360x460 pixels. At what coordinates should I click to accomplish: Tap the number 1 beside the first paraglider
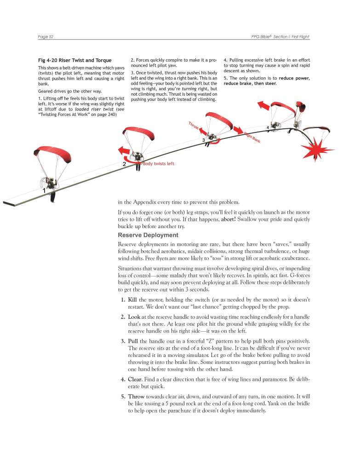click(x=44, y=190)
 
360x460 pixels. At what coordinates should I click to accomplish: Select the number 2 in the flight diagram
click(x=124, y=164)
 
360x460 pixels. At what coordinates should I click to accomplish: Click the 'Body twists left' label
click(x=159, y=164)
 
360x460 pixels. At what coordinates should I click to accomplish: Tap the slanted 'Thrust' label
click(x=193, y=127)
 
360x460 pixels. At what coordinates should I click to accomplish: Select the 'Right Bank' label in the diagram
click(x=252, y=137)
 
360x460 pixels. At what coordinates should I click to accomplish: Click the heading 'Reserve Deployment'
click(x=147, y=235)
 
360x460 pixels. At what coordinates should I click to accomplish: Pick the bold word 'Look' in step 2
click(x=134, y=317)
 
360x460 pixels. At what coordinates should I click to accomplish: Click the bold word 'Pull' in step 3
click(x=133, y=341)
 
